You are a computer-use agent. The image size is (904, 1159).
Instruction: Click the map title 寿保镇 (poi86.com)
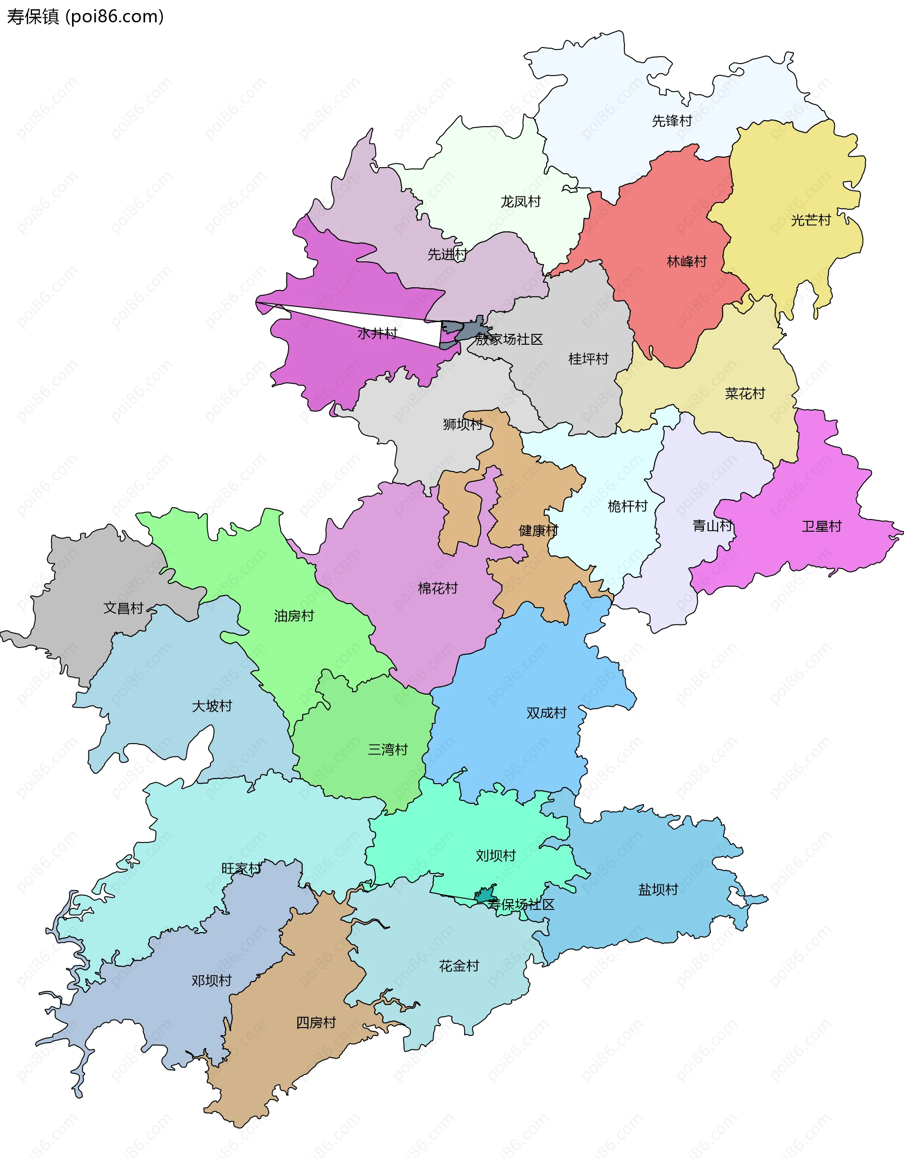tap(85, 17)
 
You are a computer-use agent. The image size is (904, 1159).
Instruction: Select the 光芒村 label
tap(810, 220)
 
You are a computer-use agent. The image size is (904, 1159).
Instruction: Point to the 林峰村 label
tap(686, 262)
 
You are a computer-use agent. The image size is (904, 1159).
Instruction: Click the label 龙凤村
tap(520, 202)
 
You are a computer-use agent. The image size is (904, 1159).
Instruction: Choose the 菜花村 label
tap(745, 394)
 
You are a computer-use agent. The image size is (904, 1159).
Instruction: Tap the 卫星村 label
tap(821, 527)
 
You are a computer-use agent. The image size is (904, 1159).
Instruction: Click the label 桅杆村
tap(627, 506)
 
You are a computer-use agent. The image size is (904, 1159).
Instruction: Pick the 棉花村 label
tap(438, 588)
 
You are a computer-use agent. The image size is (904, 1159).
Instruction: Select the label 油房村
tap(294, 616)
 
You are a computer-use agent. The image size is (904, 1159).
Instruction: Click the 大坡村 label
tap(212, 706)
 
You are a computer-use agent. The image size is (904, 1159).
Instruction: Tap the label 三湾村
tap(388, 749)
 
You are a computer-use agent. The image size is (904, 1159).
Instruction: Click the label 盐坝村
tap(658, 890)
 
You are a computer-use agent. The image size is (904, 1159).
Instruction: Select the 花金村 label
tap(459, 966)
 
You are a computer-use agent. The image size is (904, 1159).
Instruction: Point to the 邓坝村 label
tap(212, 981)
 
